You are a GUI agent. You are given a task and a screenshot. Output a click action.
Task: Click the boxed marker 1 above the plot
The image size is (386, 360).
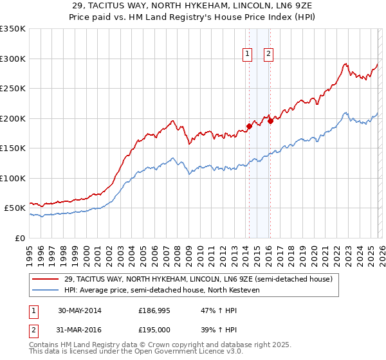(247, 55)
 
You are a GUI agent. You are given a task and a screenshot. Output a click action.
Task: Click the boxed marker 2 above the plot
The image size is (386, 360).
(268, 55)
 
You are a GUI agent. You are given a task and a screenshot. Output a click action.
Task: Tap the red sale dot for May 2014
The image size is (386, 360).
(249, 126)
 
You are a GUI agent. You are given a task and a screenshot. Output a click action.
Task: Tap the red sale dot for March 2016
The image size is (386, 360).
(270, 121)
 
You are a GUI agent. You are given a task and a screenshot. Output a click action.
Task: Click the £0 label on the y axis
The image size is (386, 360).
(20, 238)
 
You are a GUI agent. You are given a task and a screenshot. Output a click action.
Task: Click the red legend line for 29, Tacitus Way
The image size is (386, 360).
(46, 279)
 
